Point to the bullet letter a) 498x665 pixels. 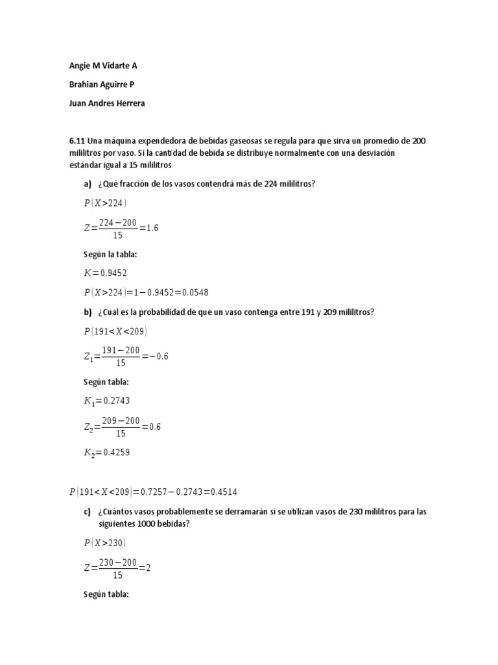tap(88, 184)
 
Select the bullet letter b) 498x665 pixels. tap(88, 312)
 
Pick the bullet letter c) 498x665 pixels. tap(88, 511)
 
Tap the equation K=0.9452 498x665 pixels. tap(110, 273)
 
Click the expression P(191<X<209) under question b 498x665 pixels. tap(115, 331)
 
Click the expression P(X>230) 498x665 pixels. tap(105, 542)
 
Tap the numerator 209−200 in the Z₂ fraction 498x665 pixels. tap(121, 421)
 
